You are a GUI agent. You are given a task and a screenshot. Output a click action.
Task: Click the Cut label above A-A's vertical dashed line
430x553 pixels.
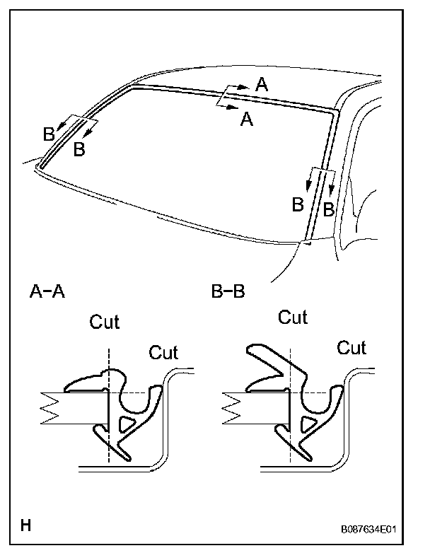click(105, 322)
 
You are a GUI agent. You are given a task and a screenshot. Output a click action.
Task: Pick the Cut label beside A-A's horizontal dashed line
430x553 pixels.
click(163, 351)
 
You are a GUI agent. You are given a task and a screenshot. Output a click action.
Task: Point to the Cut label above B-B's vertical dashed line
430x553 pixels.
click(293, 317)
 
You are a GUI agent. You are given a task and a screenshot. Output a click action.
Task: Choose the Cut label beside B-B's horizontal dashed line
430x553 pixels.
click(351, 348)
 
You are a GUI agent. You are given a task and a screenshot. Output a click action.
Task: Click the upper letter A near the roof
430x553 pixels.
click(262, 85)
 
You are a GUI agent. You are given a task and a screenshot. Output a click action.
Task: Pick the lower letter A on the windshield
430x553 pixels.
click(247, 120)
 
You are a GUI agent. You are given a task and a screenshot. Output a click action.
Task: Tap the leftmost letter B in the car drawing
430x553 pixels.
click(48, 133)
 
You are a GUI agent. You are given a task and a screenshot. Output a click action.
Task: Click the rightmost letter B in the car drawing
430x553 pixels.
click(328, 209)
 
